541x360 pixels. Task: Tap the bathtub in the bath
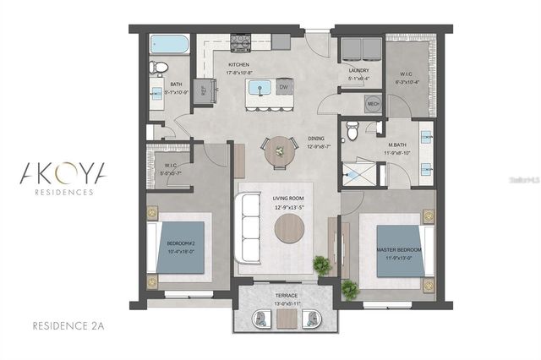169,45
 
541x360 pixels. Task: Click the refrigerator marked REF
204,90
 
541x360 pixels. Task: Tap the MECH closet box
372,104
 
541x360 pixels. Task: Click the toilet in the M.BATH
352,130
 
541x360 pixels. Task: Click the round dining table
280,151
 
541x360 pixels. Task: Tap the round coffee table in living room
290,227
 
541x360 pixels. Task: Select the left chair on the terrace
262,318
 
